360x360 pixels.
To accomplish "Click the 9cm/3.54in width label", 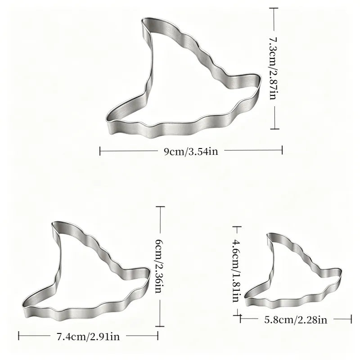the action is pos(191,152).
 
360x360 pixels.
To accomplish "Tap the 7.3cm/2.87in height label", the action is pos(273,68).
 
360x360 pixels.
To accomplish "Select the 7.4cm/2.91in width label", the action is pos(88,337).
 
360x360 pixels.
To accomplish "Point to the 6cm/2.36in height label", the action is pos(160,266).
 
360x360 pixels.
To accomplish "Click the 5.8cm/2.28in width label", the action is pos(296,320).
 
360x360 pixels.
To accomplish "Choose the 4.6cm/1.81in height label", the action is pos(237,271).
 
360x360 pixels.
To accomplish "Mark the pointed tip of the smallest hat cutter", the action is pos(268,235).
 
